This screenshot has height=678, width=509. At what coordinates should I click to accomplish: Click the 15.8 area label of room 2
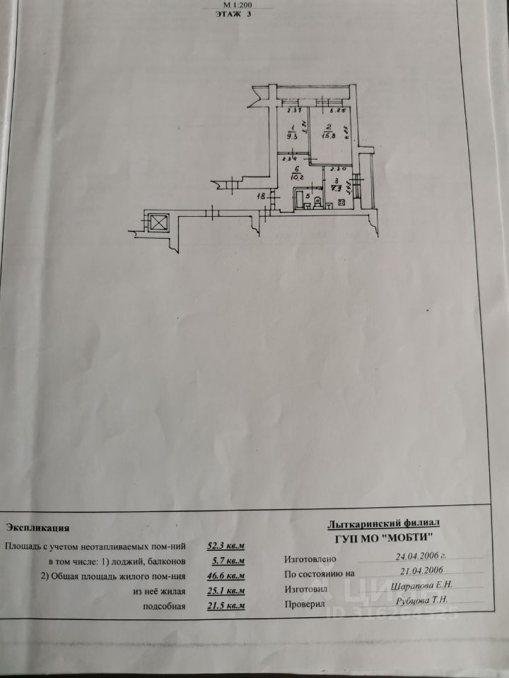(327, 135)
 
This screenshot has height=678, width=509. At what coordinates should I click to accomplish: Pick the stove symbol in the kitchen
(342, 203)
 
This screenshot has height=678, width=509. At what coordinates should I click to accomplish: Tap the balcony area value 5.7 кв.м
(226, 561)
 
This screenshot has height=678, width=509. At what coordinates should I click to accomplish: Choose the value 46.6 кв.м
(226, 576)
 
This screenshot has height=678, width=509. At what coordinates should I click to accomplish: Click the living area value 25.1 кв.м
(226, 591)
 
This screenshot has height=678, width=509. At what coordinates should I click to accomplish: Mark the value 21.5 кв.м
(226, 606)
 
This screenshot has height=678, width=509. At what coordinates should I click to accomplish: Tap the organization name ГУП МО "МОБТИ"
(384, 538)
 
